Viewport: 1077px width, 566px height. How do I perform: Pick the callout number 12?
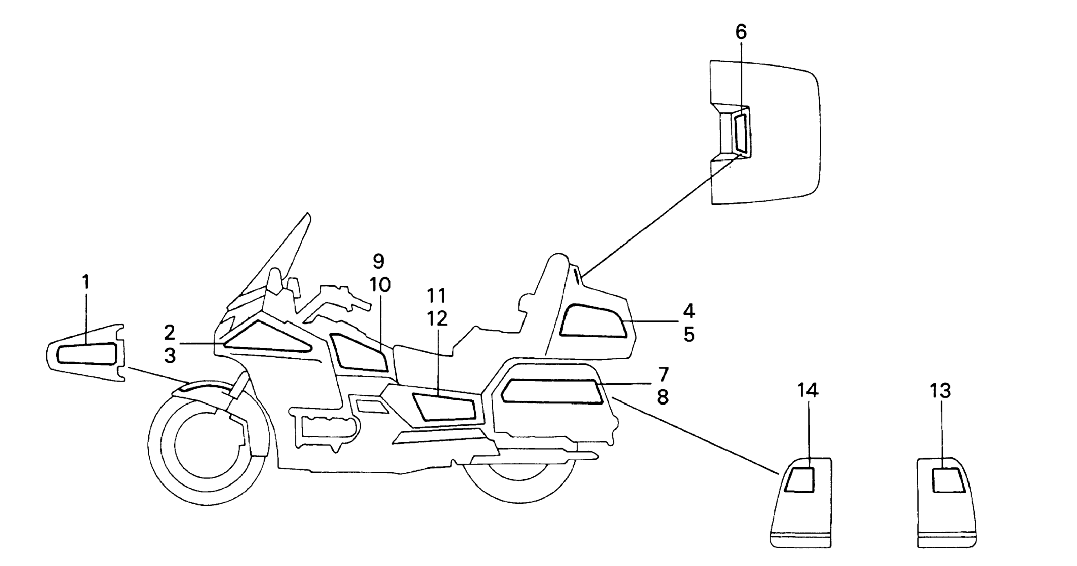437,319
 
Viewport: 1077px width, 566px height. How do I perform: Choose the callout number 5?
689,335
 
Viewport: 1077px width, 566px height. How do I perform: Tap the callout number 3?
170,356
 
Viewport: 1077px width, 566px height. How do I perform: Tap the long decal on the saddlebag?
552,392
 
